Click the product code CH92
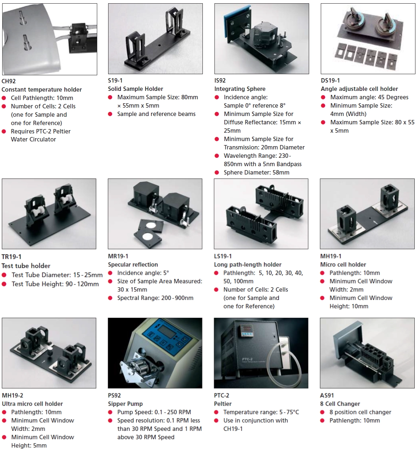(x=9, y=81)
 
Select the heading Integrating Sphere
(x=240, y=89)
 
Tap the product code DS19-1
(x=330, y=80)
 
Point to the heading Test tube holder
(x=26, y=266)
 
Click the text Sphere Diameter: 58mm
(x=257, y=172)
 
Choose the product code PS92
(x=114, y=396)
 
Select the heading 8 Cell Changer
(x=340, y=404)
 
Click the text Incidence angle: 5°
(x=143, y=273)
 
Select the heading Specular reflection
(x=133, y=265)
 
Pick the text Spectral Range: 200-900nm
(x=155, y=298)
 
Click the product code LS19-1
(x=223, y=256)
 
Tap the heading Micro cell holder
(x=343, y=265)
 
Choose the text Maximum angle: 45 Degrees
(x=369, y=97)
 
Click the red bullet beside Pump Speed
(x=110, y=412)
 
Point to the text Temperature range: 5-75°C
(x=261, y=412)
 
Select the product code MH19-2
(x=13, y=396)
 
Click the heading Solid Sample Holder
(x=135, y=89)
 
